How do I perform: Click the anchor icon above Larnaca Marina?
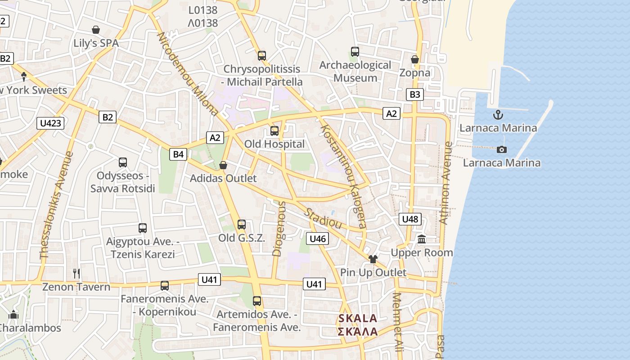(498, 115)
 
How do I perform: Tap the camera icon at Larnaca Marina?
(501, 149)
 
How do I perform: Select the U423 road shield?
(50, 123)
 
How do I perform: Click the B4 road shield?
(179, 154)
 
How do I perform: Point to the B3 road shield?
(415, 94)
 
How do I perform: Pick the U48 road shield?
(410, 219)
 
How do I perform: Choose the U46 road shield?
(318, 238)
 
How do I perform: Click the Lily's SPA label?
(96, 43)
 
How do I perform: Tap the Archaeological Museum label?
(355, 71)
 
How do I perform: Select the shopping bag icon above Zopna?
(415, 59)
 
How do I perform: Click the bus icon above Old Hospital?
(274, 131)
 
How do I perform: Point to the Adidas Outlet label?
(223, 178)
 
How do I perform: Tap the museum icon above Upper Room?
(422, 239)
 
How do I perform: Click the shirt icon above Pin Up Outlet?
(373, 259)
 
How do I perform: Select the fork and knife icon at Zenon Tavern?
(76, 273)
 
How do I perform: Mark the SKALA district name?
(358, 319)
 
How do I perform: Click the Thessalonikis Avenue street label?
(57, 205)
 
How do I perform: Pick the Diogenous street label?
(279, 229)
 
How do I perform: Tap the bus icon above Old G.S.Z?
(242, 225)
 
